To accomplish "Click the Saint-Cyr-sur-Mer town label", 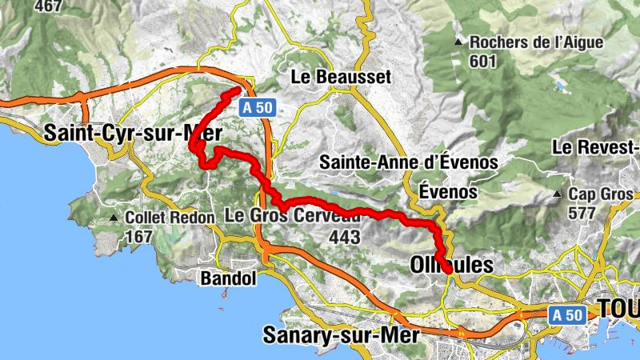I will point(133,132).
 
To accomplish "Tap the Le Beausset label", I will point(341,77).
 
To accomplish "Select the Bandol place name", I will point(229,279).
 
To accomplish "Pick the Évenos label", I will point(448,192).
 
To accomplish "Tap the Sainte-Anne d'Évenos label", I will point(408,162).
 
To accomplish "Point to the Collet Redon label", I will point(170,218).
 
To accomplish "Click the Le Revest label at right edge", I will point(597,148).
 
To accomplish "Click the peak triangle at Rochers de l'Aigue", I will point(458,42).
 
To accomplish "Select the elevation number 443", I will point(344,237).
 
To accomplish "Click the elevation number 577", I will point(582,214).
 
